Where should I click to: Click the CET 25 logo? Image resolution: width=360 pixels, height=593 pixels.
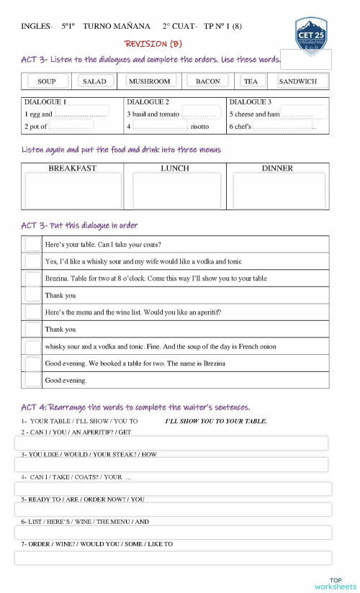coord(310,35)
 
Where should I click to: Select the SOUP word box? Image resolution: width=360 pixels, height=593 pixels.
coord(47,81)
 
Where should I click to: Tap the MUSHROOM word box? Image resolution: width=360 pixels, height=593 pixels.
coord(150,81)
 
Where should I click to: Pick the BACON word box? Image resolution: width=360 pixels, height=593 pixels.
coord(208,81)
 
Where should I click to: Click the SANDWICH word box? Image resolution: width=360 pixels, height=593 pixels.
coord(298,81)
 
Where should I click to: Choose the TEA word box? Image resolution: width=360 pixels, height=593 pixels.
coord(251,81)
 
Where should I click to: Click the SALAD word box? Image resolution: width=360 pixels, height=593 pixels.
coord(94,81)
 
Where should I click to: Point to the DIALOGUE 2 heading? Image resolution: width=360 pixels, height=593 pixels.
coord(148,102)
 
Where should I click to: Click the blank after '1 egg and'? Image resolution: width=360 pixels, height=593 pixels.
coord(81,113)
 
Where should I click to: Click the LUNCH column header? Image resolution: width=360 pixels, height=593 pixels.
coord(175,168)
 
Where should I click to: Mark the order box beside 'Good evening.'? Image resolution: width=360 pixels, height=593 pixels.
coord(32,379)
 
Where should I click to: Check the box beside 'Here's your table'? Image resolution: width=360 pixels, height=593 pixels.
coord(32,244)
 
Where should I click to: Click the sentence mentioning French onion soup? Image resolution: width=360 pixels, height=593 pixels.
coord(160,346)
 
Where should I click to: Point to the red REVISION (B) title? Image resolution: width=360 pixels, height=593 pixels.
coord(153,44)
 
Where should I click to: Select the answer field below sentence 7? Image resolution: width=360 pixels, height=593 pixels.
coord(173,558)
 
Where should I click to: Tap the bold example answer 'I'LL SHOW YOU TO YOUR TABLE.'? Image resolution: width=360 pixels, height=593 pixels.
coord(216,421)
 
